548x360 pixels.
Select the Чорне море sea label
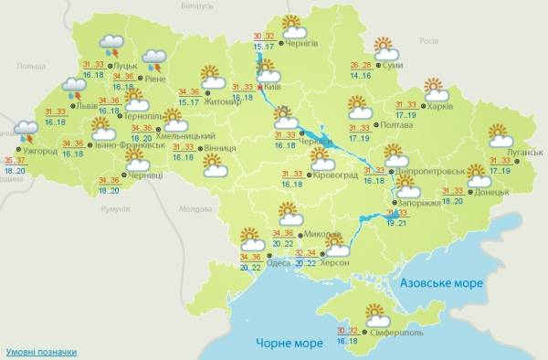pos(285,342)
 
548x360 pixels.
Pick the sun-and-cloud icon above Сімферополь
pos(374,315)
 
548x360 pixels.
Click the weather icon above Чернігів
pos(291,25)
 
